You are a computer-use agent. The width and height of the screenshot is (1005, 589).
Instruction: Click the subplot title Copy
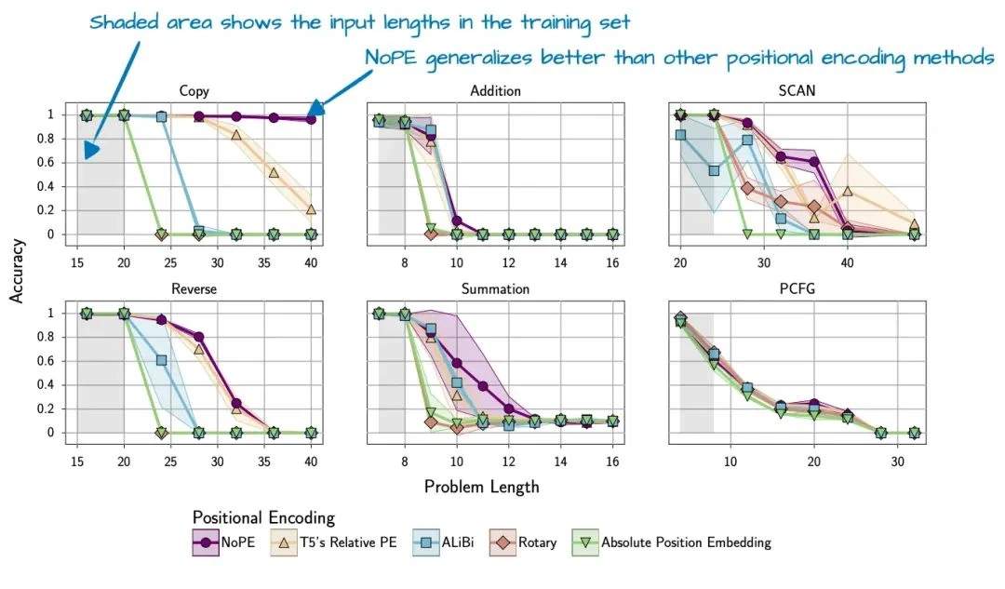click(x=194, y=91)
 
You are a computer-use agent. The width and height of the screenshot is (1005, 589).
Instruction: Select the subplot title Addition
click(x=495, y=91)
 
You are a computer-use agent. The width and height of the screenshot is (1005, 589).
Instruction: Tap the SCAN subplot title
click(x=797, y=91)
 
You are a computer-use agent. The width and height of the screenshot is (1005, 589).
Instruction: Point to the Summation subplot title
click(x=495, y=289)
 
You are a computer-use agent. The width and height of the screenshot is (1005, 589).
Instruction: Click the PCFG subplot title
click(x=797, y=289)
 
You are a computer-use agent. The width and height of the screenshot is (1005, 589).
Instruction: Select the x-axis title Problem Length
click(x=481, y=486)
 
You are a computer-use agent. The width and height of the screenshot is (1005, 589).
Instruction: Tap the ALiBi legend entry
click(x=446, y=542)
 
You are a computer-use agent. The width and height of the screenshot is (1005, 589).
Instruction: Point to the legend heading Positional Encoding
click(x=263, y=517)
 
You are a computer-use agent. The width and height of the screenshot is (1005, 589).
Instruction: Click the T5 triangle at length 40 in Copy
click(x=311, y=209)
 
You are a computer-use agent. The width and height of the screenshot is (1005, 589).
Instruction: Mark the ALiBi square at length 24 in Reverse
click(x=161, y=360)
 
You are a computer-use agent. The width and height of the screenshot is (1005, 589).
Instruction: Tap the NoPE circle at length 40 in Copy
click(x=311, y=119)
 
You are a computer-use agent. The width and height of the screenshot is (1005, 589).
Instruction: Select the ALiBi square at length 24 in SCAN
click(x=714, y=170)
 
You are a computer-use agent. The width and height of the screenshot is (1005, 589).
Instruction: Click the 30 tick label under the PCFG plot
click(x=896, y=461)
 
